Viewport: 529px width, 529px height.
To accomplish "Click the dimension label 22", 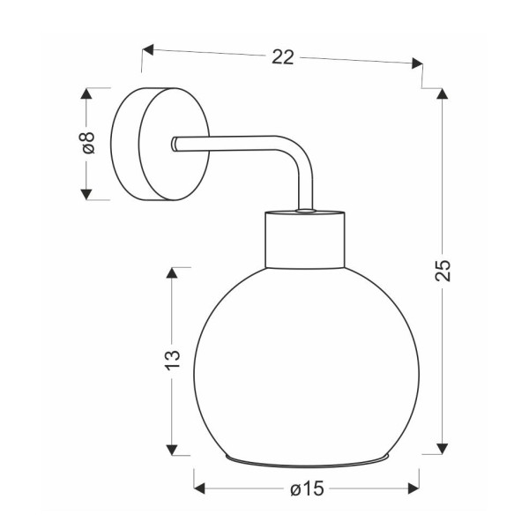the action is coord(283,57).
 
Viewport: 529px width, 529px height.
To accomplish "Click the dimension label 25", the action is coord(443,271).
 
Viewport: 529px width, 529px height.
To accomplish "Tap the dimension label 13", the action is coord(173,361).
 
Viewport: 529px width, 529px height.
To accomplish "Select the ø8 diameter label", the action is coord(88,143).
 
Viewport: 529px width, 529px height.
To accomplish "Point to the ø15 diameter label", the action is coord(307,488).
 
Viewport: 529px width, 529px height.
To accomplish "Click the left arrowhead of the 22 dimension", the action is coord(148,49).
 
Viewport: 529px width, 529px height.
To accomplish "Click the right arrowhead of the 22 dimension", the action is coord(417,63).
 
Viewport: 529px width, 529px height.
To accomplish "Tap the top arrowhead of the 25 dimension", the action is coord(443,93).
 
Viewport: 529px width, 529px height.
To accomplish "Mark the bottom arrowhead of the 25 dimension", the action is coord(443,449).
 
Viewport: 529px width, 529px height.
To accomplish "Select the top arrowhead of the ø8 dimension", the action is coord(86,93).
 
